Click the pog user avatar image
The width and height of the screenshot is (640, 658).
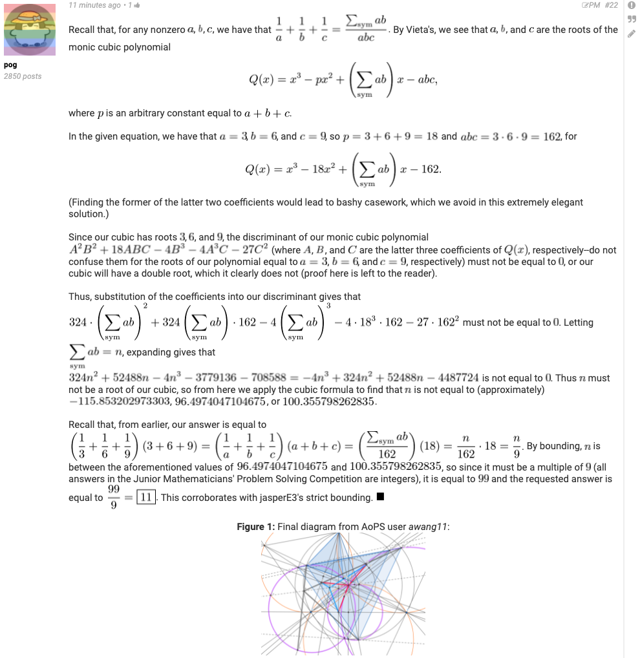(x=30, y=30)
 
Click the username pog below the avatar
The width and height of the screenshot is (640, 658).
(x=10, y=65)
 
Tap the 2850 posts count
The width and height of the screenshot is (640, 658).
(x=23, y=76)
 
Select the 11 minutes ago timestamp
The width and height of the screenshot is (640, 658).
(x=94, y=5)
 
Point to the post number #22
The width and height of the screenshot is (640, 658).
(x=612, y=5)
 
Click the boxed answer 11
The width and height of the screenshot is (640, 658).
(x=145, y=498)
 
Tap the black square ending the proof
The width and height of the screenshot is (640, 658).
(x=380, y=497)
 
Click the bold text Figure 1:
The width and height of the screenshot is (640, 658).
(x=255, y=527)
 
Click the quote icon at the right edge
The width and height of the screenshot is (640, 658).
(x=632, y=19)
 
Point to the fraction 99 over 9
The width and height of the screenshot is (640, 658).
(x=113, y=498)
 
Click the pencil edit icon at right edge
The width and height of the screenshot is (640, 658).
(x=632, y=34)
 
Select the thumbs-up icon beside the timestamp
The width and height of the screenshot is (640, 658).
(x=137, y=5)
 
